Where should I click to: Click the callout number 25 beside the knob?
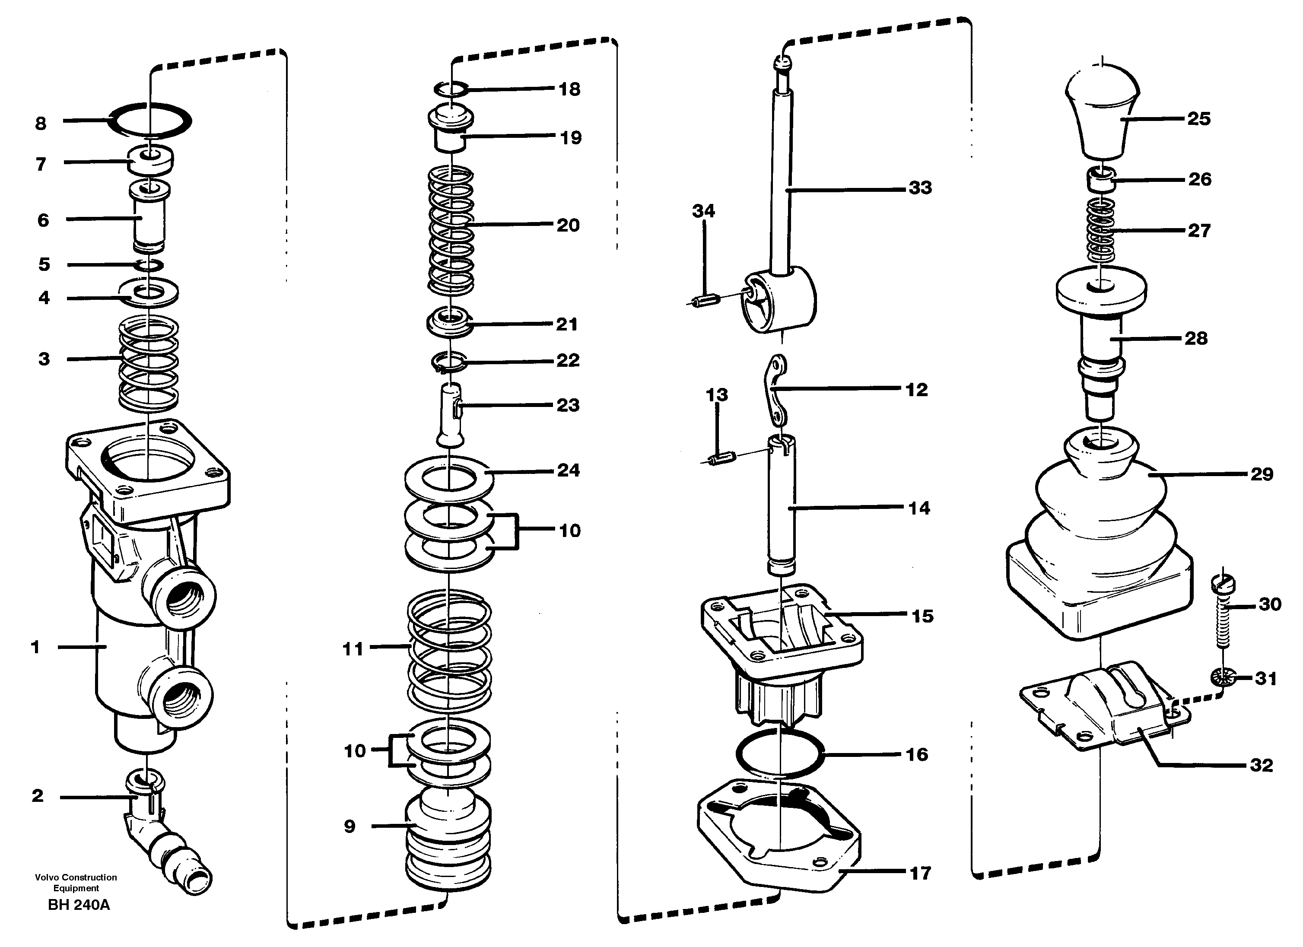1198,118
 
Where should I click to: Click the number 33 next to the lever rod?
920,188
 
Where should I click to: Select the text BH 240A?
79,905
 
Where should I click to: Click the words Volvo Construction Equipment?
76,883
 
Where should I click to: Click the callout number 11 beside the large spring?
353,649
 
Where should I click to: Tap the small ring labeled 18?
451,89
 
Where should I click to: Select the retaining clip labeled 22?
450,362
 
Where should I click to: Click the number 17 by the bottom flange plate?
920,874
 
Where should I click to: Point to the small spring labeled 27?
1101,230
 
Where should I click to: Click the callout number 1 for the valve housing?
35,647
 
